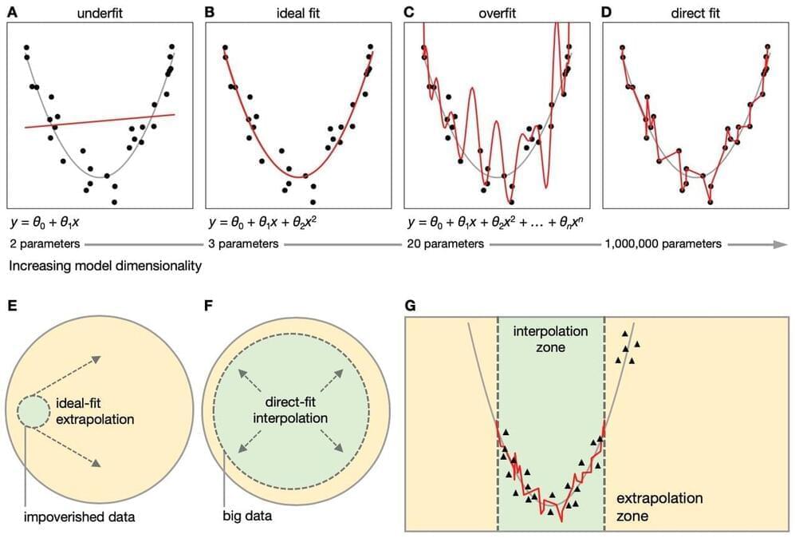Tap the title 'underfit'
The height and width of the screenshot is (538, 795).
tap(99, 12)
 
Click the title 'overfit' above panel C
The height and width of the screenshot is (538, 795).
tap(496, 12)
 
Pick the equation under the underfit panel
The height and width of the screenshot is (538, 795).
tap(49, 221)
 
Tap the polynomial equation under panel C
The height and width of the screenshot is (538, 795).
tap(499, 221)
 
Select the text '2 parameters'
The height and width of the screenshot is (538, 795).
tap(42, 243)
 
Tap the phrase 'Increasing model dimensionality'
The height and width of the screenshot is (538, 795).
tap(104, 264)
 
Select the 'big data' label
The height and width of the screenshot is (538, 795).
tap(247, 516)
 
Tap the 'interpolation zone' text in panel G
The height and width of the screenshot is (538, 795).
tap(550, 338)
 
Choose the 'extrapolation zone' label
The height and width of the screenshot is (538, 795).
tap(659, 507)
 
